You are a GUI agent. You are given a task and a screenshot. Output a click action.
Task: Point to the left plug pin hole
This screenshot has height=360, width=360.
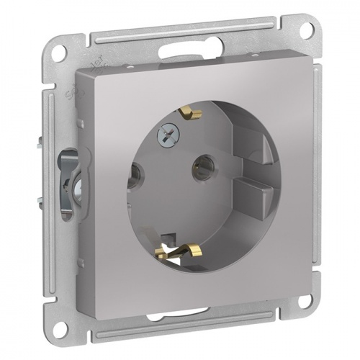pyautogui.click(x=135, y=173)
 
